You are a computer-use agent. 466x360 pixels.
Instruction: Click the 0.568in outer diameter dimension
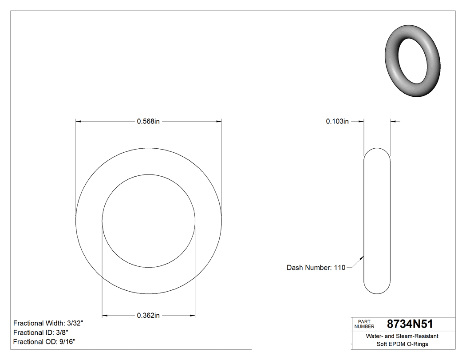coord(148,121)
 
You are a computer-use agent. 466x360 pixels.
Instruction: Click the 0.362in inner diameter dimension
coord(148,316)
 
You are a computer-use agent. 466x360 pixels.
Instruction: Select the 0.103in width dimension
coord(337,121)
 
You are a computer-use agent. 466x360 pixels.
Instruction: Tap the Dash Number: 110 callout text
coord(316,268)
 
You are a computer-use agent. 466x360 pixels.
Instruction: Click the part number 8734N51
coord(410,324)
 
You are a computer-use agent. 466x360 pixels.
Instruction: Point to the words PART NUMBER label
coord(364,324)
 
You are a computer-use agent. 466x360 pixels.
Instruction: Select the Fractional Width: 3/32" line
coord(48,324)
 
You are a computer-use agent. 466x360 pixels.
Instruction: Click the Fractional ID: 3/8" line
coord(40,332)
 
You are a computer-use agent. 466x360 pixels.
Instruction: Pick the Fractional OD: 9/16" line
coord(44,341)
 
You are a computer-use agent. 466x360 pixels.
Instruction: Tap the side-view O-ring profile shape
coord(377,221)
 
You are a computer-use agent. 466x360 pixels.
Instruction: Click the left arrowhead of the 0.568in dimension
coord(79,121)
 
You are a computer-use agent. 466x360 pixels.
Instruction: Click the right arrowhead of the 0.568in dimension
coord(219,121)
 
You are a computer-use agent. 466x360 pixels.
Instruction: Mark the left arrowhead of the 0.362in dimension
coord(105,316)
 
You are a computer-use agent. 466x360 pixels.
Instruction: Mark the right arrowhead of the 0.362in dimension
coord(193,316)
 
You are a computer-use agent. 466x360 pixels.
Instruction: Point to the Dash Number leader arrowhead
coord(363,257)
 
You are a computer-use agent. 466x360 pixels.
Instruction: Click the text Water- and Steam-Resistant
coord(402,336)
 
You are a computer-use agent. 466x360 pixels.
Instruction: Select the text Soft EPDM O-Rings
coord(402,344)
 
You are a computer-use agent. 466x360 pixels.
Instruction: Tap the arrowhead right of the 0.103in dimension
coord(393,121)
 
